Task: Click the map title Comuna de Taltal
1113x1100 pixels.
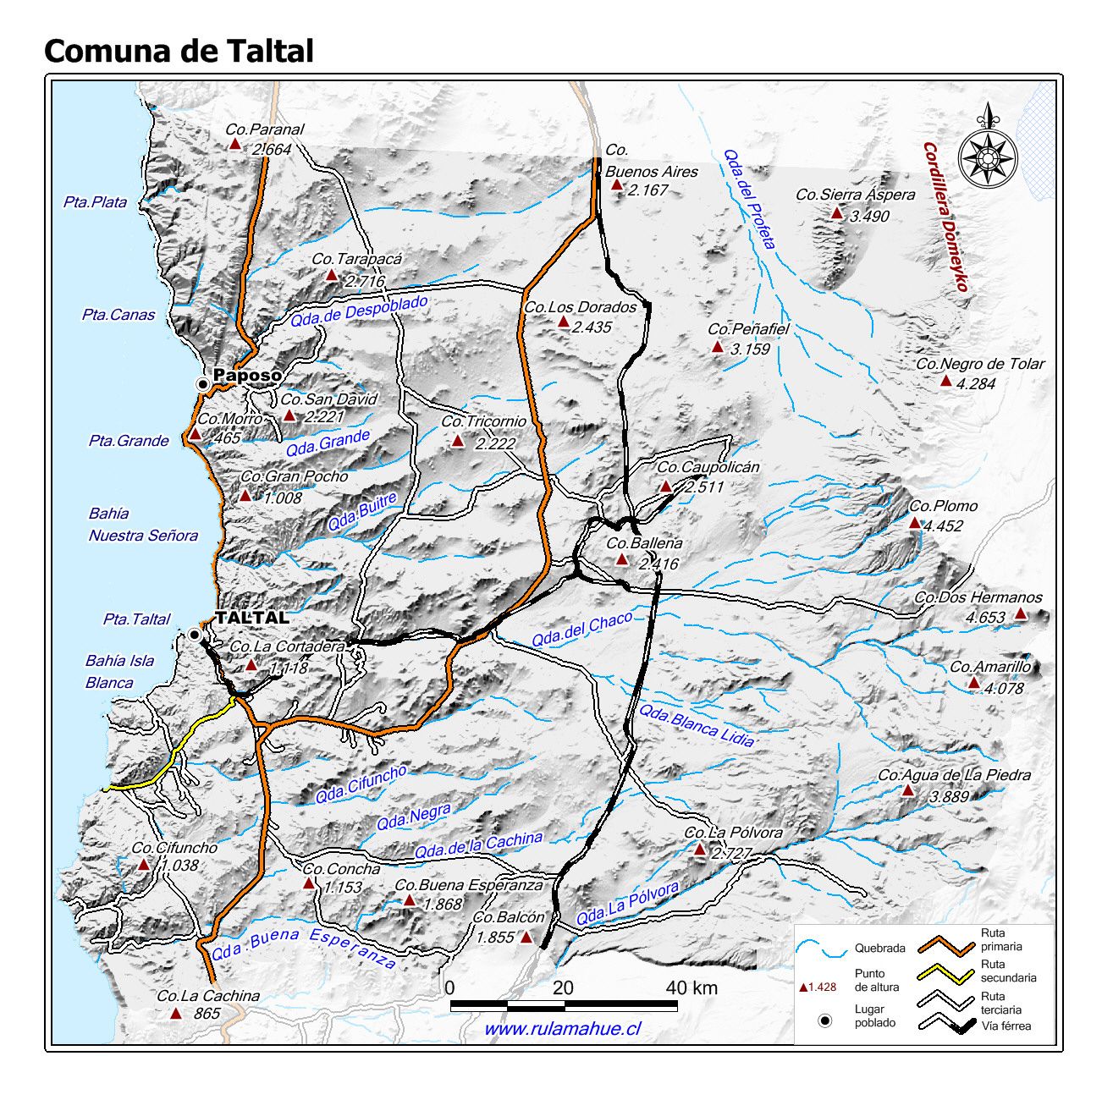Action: tap(179, 52)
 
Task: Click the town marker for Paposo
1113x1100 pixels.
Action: tap(202, 384)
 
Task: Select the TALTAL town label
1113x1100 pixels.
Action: tap(252, 618)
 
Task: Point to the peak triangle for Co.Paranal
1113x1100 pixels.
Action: tap(235, 145)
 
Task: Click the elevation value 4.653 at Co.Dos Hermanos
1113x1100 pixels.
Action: tap(985, 618)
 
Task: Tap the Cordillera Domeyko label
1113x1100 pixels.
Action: tap(945, 216)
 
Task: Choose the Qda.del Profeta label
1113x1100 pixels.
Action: tap(749, 200)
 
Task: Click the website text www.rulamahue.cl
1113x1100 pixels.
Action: tap(562, 1029)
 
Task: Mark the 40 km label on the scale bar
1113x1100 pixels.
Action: tap(691, 987)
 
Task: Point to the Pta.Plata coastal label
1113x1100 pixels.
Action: tap(95, 202)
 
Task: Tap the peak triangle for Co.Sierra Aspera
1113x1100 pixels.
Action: tap(837, 213)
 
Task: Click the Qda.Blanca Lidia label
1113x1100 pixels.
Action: tap(696, 725)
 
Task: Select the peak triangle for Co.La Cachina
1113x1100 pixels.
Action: tap(176, 1014)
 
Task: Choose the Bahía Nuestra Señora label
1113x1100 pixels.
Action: tap(143, 525)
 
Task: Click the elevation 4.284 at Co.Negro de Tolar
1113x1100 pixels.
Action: tap(976, 383)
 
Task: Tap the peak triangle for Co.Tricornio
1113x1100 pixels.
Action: tap(458, 441)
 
